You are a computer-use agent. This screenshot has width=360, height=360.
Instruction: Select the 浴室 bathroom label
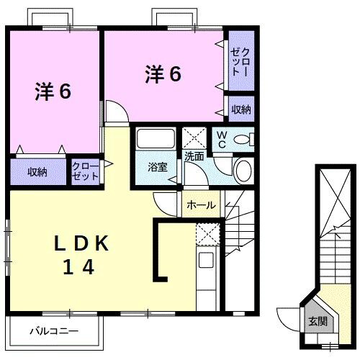(157, 167)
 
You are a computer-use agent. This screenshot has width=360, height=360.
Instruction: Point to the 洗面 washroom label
(194, 155)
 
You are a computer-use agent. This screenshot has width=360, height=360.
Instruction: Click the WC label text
(222, 140)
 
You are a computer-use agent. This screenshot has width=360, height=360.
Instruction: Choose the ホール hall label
(201, 205)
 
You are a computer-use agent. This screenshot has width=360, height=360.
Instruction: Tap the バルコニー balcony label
(53, 332)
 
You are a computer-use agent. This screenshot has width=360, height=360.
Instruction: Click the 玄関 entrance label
(317, 321)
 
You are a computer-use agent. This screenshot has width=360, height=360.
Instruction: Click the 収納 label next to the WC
(240, 110)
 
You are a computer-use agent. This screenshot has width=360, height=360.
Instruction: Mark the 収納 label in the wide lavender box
(37, 172)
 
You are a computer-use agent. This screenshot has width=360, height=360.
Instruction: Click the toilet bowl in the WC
(244, 140)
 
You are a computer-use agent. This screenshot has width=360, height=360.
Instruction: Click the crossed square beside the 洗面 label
(193, 137)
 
